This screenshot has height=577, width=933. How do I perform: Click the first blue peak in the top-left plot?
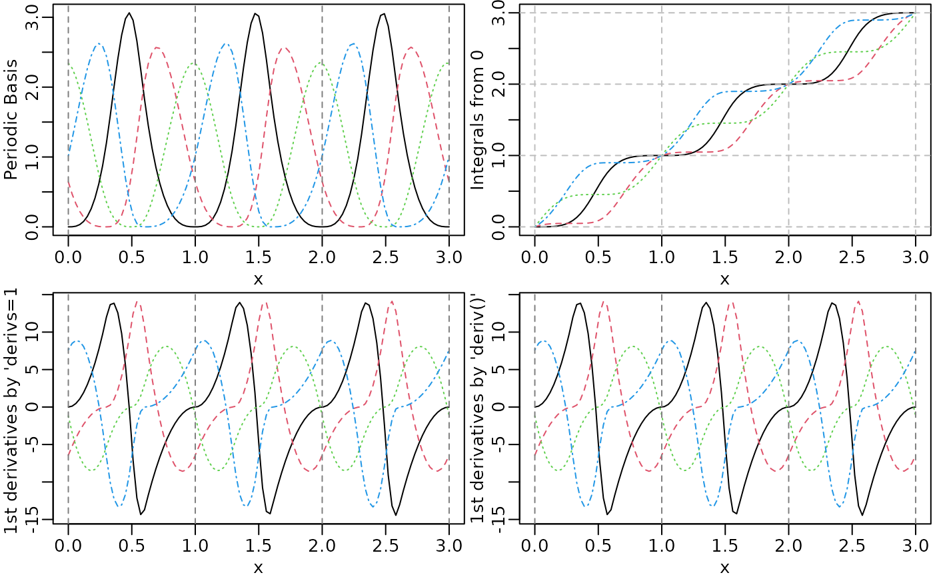99,44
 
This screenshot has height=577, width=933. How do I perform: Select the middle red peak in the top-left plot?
285,47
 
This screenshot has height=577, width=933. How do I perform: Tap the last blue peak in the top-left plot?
353,44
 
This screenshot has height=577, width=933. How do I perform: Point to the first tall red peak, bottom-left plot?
138,301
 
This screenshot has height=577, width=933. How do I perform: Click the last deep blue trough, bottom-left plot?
373,506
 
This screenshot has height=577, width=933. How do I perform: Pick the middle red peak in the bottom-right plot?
732,302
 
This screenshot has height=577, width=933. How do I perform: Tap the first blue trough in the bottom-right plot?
586,506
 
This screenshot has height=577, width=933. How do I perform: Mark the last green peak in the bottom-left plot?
420,346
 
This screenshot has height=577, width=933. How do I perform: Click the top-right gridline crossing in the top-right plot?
915,13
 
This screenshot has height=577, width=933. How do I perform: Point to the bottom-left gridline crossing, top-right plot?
535,227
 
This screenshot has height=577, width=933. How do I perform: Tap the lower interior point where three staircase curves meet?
662,155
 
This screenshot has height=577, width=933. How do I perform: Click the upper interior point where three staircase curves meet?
789,84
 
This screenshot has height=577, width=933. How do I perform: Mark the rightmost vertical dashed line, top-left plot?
449,120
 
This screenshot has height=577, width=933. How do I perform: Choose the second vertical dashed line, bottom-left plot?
195,406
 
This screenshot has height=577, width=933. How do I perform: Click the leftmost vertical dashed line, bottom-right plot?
535,406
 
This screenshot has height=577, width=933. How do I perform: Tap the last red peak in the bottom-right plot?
858,301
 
